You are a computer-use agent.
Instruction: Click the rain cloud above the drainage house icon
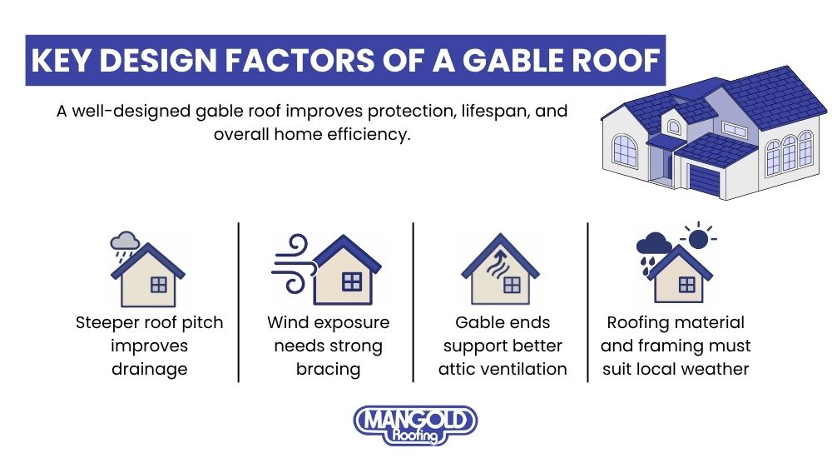click(x=126, y=241)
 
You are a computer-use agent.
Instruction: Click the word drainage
click(x=149, y=367)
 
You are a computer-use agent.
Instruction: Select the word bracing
click(x=328, y=367)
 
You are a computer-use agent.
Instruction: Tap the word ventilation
click(x=526, y=367)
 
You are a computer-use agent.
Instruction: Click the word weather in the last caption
click(x=718, y=367)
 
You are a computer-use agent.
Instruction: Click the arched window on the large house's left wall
click(x=624, y=150)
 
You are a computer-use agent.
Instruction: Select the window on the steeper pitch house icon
click(x=158, y=285)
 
